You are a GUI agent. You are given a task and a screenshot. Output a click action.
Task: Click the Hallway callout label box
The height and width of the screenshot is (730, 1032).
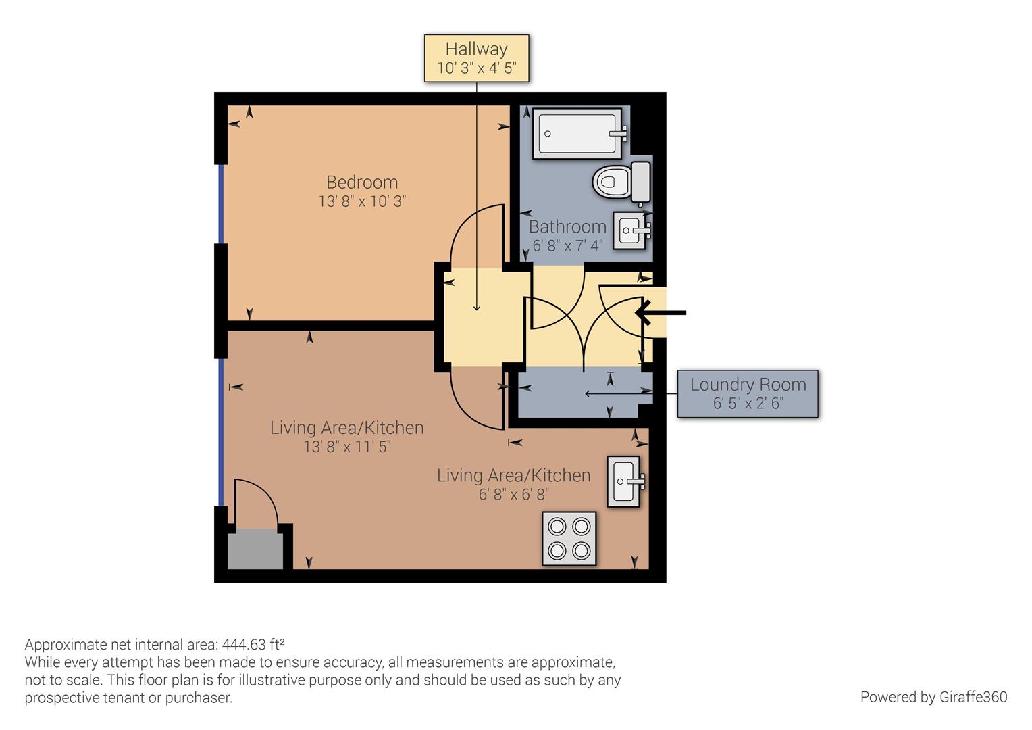(476, 59)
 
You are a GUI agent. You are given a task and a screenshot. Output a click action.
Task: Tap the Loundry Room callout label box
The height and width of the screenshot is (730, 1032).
(748, 394)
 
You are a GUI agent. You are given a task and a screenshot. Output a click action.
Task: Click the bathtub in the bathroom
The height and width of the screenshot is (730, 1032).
(579, 133)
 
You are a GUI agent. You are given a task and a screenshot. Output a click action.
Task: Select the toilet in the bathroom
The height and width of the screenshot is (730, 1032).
(621, 182)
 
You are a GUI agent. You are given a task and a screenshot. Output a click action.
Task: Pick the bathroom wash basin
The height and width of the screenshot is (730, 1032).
(631, 230)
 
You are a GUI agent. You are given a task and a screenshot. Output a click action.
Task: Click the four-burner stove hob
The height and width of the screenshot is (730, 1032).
(569, 538)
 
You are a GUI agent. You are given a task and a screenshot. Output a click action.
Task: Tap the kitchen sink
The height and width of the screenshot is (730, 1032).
(625, 481)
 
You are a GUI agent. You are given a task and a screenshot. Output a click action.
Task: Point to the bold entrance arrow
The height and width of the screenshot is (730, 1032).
(661, 313)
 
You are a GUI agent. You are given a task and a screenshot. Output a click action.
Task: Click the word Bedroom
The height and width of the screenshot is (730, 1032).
(362, 182)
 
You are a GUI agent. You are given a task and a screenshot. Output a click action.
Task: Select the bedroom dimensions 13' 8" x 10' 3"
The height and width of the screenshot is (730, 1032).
(362, 201)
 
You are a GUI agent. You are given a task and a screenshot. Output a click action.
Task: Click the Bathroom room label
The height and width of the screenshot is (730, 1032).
(567, 226)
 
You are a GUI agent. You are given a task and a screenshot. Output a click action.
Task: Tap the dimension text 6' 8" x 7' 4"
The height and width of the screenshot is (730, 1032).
(567, 246)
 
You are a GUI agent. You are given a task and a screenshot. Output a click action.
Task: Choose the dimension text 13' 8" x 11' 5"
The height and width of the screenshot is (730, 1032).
(347, 446)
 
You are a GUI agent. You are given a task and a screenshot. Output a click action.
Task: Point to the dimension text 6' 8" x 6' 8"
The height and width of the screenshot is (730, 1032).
(514, 494)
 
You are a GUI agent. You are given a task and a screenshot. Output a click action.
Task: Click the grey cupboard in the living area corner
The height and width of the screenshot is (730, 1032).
(255, 549)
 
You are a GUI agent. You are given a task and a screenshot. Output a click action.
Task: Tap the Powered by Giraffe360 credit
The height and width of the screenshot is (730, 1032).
(934, 696)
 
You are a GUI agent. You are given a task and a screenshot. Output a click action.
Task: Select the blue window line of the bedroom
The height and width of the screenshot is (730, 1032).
(221, 204)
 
